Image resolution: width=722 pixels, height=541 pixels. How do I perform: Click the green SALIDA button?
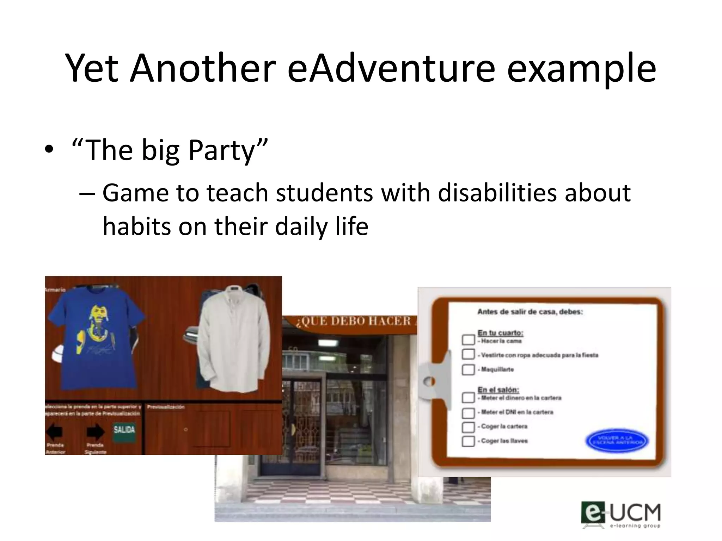coord(124,430)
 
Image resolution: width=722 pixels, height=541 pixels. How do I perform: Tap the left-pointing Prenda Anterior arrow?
coord(55,431)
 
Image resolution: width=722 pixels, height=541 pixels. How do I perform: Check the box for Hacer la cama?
coord(468,340)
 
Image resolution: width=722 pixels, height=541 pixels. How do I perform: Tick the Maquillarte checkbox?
coord(468,369)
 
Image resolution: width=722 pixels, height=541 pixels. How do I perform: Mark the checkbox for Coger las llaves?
coord(468,441)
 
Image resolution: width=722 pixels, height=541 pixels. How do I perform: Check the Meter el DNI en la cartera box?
coord(468,413)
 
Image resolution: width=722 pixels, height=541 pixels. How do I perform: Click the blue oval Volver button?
coord(617,441)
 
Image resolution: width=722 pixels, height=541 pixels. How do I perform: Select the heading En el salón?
coord(498,390)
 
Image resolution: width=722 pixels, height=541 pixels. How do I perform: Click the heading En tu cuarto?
coord(500,333)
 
